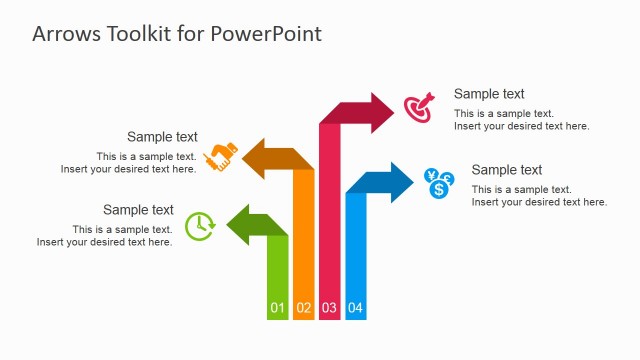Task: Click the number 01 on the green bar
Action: (278, 308)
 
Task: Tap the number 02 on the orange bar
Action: (304, 308)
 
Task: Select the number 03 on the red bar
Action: (329, 308)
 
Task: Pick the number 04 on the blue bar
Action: (355, 308)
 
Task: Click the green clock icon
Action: (200, 226)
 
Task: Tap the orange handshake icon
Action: (221, 158)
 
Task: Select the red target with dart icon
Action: (419, 108)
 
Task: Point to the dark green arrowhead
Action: (240, 224)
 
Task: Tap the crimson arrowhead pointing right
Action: (384, 112)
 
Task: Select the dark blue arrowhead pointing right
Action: (399, 182)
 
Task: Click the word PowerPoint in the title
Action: (266, 33)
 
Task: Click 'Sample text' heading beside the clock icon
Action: (138, 210)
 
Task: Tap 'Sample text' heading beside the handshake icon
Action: (162, 137)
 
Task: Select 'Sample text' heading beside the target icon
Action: (489, 94)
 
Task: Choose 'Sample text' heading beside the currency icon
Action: (507, 170)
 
